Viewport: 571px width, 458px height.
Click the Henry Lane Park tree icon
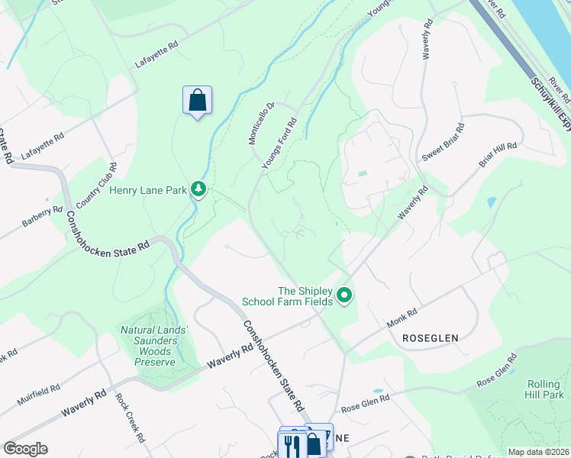pos(198,188)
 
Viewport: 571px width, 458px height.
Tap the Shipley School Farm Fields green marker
pos(344,295)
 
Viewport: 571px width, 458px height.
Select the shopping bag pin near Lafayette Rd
pos(197,101)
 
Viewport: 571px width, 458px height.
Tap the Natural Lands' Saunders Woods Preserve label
pos(150,347)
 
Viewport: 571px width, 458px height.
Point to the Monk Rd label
pos(402,318)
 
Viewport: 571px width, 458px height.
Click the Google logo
pos(25,449)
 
